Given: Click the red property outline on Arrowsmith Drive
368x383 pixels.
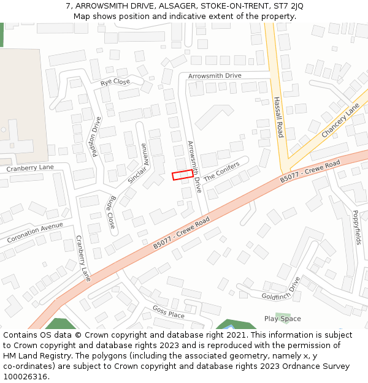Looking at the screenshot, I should [182, 175].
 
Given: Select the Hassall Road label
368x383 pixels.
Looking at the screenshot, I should [278, 117].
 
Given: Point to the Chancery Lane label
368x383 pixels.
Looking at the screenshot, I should [340, 120].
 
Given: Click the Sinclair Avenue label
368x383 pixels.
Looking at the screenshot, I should [138, 164].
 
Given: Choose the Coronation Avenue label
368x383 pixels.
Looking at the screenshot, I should [35, 233].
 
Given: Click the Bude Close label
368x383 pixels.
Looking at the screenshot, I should [111, 212].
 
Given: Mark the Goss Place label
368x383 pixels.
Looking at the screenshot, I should [168, 312].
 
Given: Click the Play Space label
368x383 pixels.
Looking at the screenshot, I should [282, 319].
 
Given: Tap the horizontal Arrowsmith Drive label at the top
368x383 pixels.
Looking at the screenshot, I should [215, 75].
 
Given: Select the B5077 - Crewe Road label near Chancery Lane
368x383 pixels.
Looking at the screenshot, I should [310, 172].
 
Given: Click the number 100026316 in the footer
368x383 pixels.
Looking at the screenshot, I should [25, 376].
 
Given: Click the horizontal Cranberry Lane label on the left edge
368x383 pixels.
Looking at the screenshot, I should [30, 168].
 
